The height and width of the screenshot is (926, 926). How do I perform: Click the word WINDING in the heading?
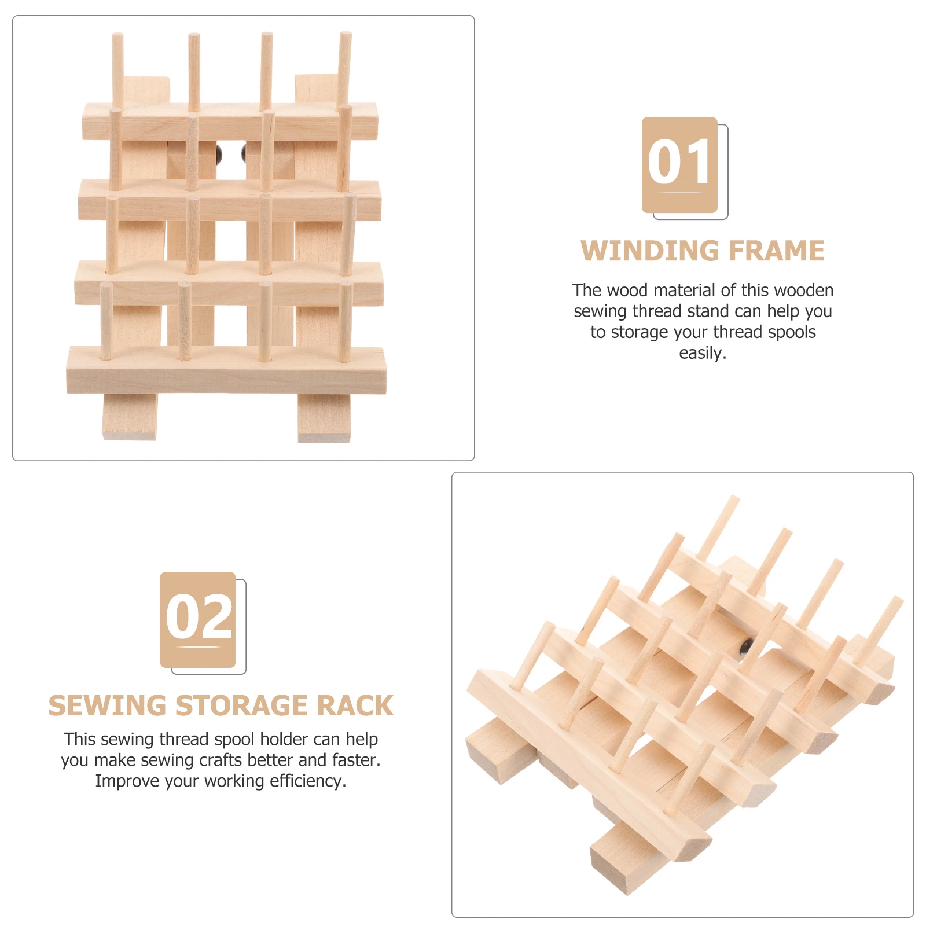(x=649, y=251)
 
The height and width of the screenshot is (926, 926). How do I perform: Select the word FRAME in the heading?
(x=777, y=251)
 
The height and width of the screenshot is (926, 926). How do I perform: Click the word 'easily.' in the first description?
(x=703, y=353)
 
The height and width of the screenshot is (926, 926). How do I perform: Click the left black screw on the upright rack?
(x=219, y=153)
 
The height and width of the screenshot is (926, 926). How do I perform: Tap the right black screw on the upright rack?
(x=244, y=153)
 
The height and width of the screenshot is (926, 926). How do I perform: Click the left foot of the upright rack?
(x=130, y=417)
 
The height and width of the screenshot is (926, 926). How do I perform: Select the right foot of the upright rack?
(x=324, y=418)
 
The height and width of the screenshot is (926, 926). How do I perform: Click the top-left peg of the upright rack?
(x=117, y=71)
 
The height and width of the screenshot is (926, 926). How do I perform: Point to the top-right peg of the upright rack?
(x=345, y=69)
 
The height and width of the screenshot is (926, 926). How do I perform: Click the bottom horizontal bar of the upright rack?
(x=226, y=370)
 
